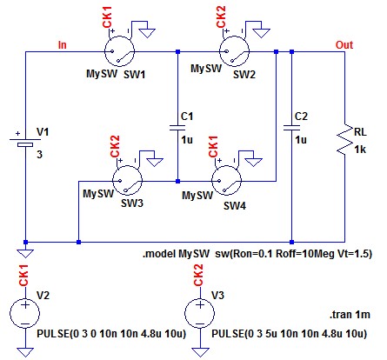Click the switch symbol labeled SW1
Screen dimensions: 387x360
119,51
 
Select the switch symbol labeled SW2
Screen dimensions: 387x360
234,51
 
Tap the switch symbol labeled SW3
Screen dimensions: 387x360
127,181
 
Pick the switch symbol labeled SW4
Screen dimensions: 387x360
226,181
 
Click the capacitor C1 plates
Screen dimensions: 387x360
177,128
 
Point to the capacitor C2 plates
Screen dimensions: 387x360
291,128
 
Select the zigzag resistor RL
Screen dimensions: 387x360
344,140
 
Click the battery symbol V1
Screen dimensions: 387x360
25,142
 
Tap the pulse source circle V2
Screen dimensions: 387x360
25,313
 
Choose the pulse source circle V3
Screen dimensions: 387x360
200,313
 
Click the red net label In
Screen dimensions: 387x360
63,45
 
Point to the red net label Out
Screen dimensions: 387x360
344,45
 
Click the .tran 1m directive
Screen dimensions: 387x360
350,315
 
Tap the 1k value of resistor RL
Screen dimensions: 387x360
360,150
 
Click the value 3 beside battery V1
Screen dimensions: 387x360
39,155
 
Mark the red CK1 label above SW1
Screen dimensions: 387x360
107,17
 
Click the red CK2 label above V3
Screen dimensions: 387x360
198,275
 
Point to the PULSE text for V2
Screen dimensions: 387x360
111,334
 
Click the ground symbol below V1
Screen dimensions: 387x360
25,253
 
